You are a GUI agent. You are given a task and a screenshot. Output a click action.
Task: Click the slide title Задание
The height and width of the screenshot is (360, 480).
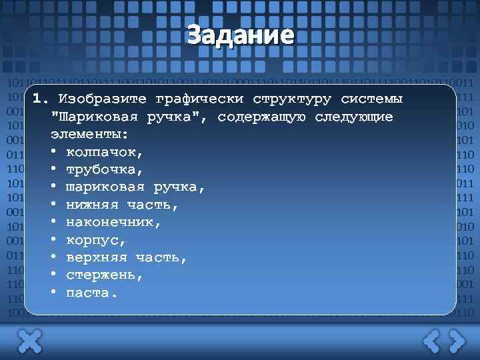pos(240,34)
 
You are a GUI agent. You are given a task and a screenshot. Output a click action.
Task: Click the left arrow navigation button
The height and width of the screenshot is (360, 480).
pos(431,341)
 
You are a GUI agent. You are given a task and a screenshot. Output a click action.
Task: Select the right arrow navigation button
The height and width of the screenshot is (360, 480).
pos(456,341)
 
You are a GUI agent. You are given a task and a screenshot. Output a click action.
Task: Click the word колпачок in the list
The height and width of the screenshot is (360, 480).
pos(105,152)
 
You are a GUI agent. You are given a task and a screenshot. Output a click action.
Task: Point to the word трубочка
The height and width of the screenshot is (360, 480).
pos(105,169)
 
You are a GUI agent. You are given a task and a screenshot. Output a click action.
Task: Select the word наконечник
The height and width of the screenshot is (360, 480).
pos(113,222)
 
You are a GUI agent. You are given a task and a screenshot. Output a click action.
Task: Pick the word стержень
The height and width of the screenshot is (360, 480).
pos(105,275)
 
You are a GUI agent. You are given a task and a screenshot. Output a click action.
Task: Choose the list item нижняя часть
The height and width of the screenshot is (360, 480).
pos(122,205)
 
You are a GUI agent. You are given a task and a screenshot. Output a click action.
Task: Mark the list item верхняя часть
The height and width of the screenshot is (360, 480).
pos(127,257)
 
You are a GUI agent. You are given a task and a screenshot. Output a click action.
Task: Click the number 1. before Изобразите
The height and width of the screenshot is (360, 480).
pos(41,99)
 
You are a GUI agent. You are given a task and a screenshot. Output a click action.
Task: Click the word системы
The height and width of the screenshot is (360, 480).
pos(371,100)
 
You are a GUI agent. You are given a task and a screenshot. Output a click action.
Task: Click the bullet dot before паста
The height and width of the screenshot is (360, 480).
pos(53,292)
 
